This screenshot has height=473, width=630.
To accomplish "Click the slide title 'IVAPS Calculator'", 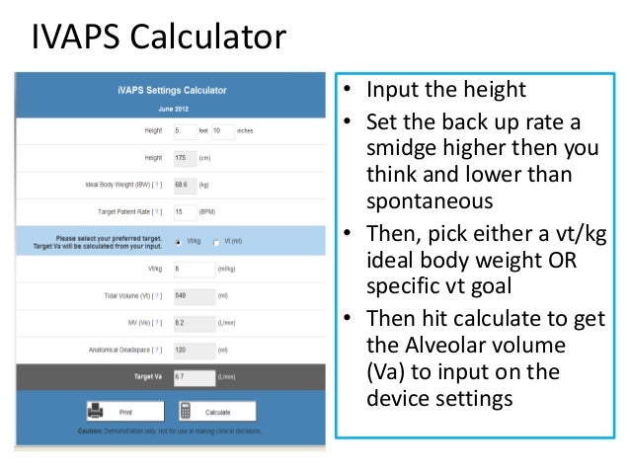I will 158,39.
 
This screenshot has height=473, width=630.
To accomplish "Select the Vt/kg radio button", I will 177,241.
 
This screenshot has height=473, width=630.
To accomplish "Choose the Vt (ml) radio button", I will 216,241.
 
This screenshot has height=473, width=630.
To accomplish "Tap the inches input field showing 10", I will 221,130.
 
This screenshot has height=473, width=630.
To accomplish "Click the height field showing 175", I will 185,158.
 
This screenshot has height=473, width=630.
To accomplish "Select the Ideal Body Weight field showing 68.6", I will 185,185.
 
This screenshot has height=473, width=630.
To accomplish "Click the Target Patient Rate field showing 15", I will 185,211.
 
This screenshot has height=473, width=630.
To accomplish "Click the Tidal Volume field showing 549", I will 185,295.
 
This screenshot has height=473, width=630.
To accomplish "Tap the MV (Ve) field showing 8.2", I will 185,322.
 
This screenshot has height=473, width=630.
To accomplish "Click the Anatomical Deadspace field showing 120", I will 185,350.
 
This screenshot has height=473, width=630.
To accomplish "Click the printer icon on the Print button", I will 97,411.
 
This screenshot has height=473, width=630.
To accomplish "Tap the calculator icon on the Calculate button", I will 185,412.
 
